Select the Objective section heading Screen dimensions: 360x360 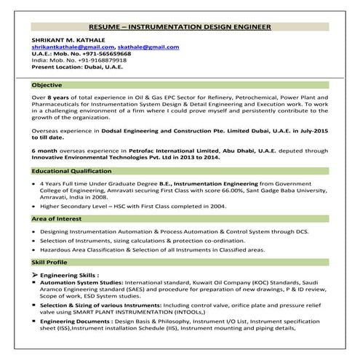[x=47, y=85]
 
